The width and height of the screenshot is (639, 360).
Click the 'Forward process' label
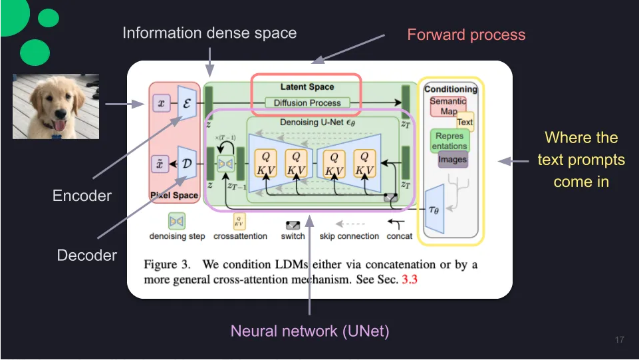(x=466, y=35)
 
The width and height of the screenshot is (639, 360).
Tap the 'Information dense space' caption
(x=209, y=33)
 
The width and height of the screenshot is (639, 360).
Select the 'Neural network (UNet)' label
(x=309, y=330)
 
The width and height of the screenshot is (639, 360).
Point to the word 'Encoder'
(x=82, y=196)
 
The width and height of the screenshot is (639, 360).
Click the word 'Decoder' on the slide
(x=87, y=255)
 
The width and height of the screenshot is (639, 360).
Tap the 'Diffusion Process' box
(x=307, y=103)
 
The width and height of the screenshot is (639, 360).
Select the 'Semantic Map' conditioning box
(x=448, y=106)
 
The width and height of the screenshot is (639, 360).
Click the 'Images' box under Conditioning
(x=452, y=160)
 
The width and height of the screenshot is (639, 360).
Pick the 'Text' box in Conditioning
(x=465, y=122)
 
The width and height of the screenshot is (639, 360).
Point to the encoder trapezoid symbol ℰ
(x=187, y=103)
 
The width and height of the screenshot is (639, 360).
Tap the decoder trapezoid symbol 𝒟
(x=187, y=163)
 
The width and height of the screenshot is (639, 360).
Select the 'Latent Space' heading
(x=307, y=87)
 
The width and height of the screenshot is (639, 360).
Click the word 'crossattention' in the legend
(x=240, y=236)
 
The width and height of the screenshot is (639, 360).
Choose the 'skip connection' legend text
(x=349, y=236)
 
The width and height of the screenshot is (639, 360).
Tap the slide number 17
(x=620, y=340)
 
